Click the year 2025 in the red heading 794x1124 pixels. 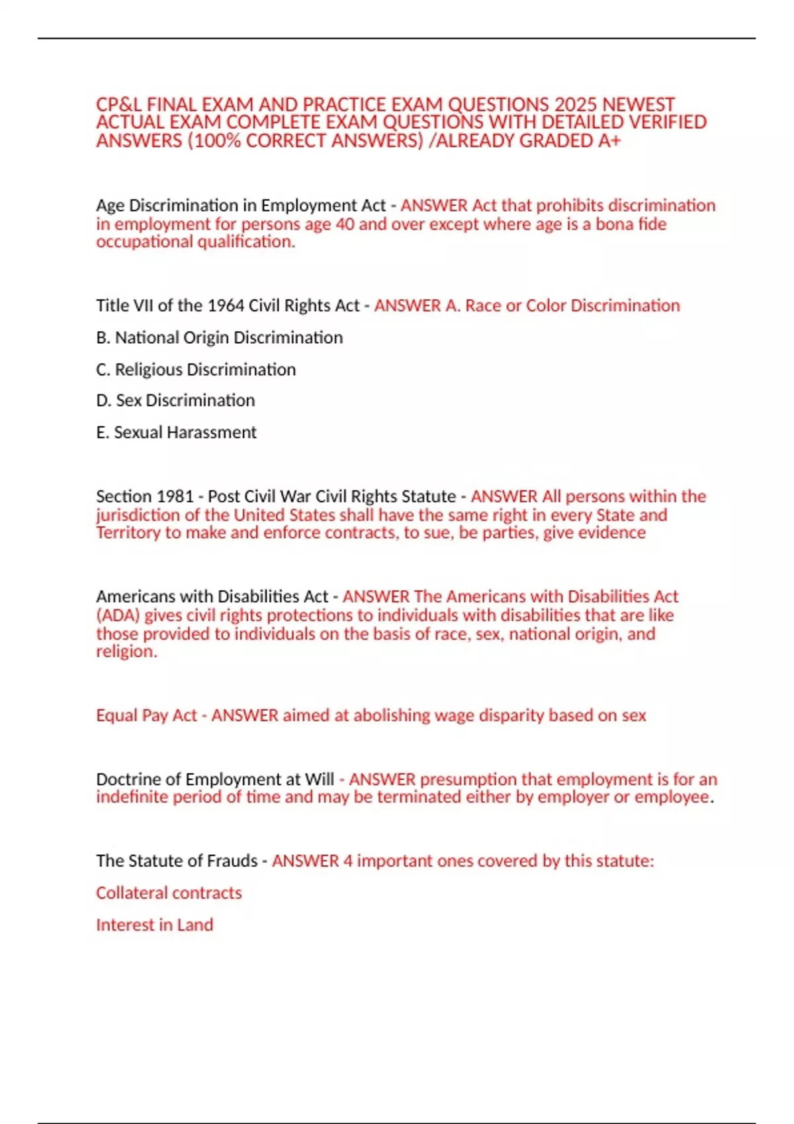[x=576, y=104]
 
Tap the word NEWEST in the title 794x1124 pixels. [x=638, y=104]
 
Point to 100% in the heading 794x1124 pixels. [x=217, y=141]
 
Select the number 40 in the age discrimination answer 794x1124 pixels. [x=345, y=224]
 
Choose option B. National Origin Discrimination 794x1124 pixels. [x=219, y=338]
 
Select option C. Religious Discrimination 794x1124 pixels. [x=195, y=370]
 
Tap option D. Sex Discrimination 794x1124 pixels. [x=175, y=401]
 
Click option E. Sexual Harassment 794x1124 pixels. [x=176, y=432]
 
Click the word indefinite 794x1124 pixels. [x=132, y=797]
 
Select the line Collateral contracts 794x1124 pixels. [x=169, y=893]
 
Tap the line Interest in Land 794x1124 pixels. [x=154, y=925]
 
